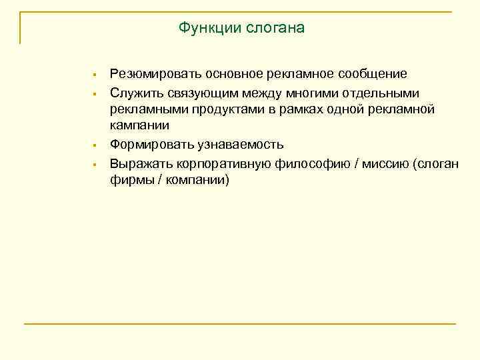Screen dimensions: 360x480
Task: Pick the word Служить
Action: (x=132, y=91)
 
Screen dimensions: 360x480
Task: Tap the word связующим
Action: (x=190, y=91)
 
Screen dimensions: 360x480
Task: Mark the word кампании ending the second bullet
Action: (x=139, y=126)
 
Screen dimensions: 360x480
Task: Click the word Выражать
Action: (x=137, y=163)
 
